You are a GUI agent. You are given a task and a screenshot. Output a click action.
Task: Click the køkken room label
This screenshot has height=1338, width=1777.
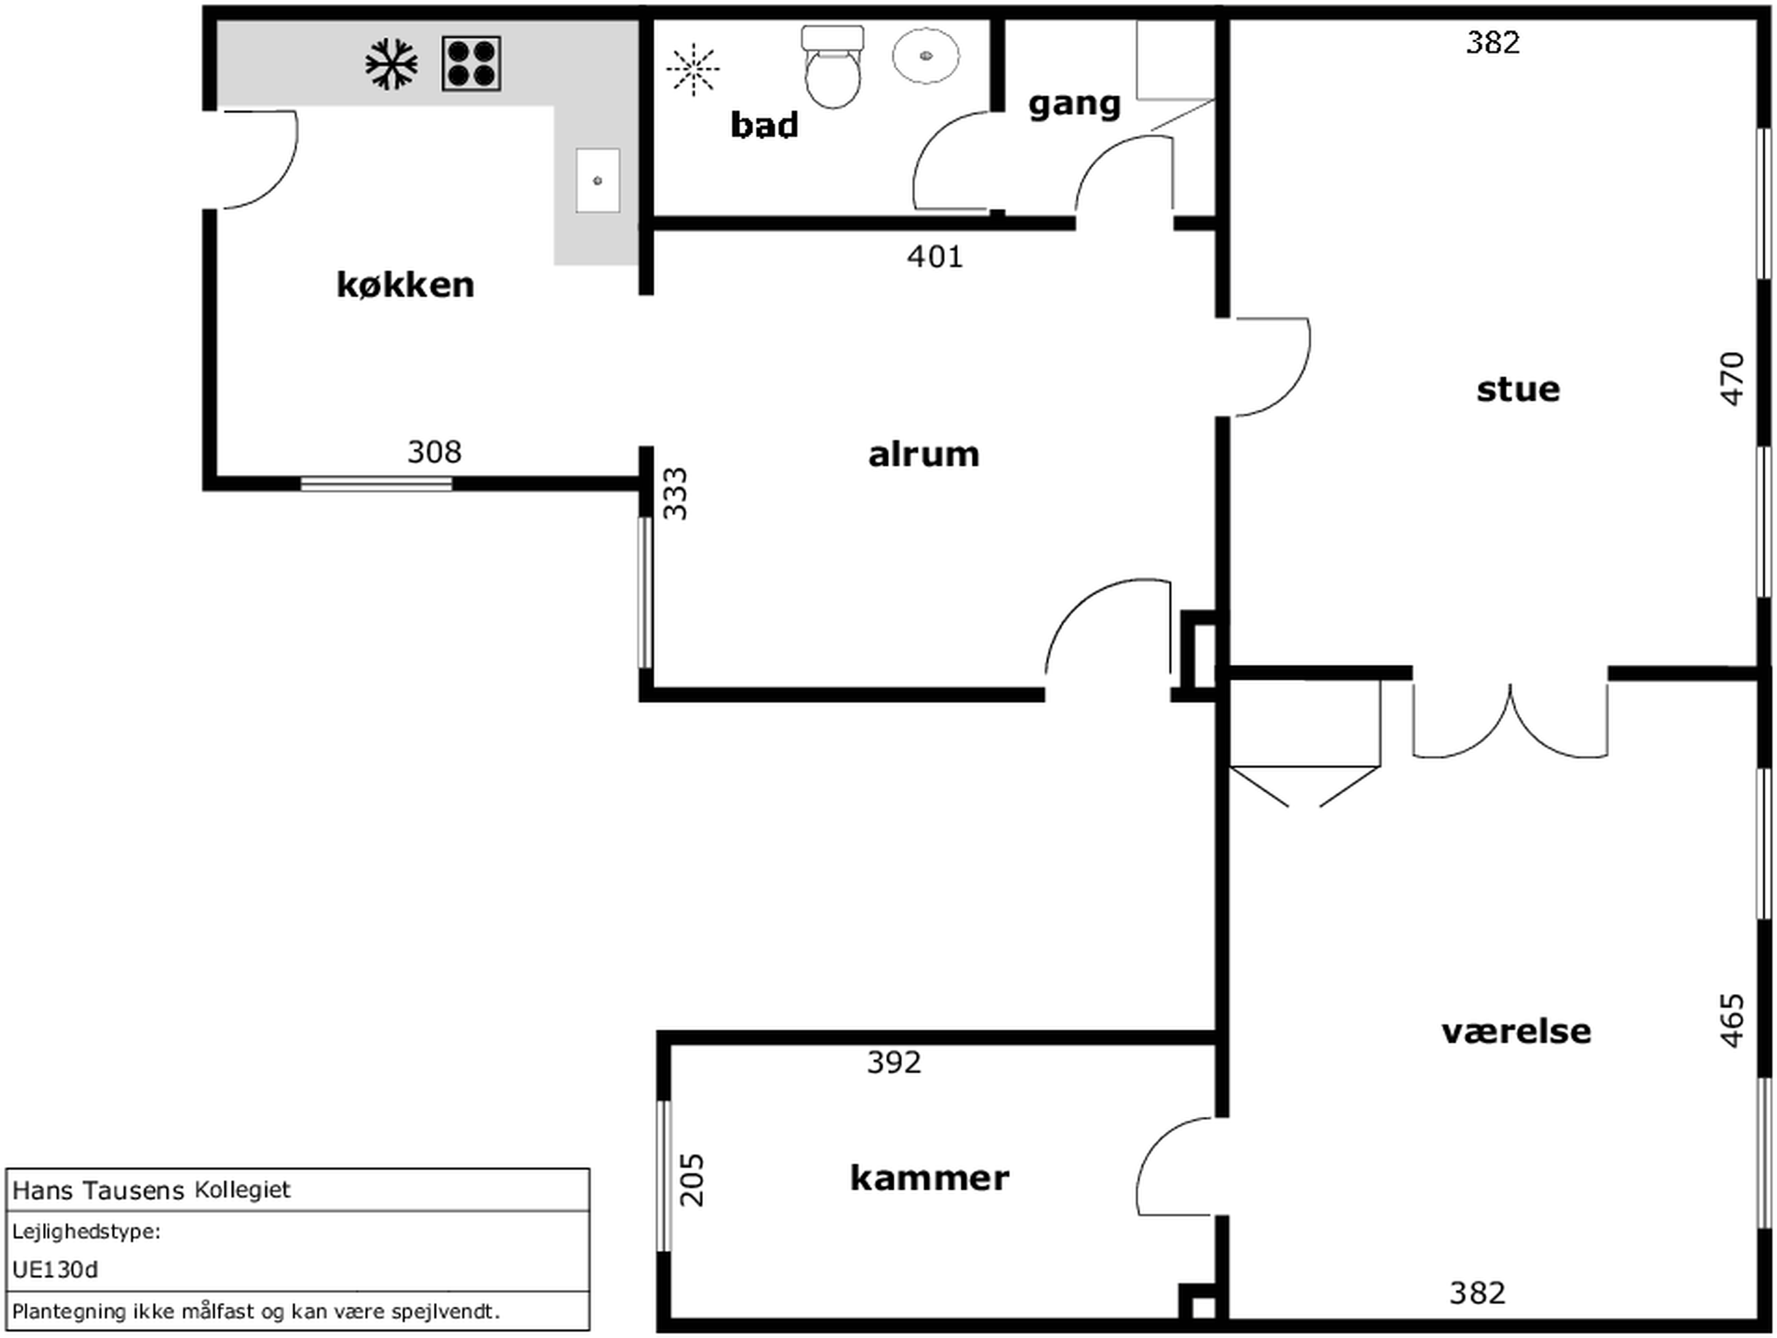[405, 285]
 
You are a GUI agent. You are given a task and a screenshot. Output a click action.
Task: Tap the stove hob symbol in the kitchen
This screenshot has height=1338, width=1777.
[471, 63]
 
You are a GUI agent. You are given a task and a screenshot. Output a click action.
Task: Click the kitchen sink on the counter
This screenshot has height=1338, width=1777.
[598, 180]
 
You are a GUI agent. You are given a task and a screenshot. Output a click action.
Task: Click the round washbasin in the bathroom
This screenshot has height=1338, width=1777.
[925, 55]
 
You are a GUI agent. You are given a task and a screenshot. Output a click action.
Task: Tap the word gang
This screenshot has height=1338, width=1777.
[1074, 104]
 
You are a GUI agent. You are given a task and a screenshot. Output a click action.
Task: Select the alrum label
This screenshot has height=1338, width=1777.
[924, 455]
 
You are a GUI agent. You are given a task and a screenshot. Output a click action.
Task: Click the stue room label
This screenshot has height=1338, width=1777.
[1518, 389]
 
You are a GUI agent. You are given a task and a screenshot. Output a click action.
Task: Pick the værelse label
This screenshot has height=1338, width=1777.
[1516, 1032]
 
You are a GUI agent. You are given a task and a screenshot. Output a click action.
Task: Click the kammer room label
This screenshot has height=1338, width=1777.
[930, 1179]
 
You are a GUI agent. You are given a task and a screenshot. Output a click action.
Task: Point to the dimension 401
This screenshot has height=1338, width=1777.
[935, 257]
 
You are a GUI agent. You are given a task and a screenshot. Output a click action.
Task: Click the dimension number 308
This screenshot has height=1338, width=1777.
[434, 452]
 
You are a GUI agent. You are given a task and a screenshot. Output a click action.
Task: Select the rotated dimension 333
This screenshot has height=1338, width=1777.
[676, 494]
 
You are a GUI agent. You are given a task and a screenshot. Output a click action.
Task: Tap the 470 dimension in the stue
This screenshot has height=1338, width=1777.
[1732, 378]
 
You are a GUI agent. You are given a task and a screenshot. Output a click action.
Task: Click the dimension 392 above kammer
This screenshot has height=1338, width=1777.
[894, 1063]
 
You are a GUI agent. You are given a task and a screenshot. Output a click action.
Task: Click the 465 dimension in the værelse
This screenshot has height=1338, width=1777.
[1732, 1021]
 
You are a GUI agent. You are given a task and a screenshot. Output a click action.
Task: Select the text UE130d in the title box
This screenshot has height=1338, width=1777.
[55, 1270]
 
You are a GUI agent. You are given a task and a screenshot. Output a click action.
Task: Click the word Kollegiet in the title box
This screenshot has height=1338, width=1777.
[243, 1190]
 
